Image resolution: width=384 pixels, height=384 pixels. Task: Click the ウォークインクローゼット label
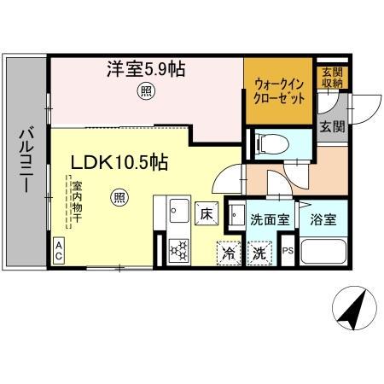pyautogui.click(x=277, y=90)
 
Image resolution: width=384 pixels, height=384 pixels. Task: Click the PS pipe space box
pyautogui.click(x=288, y=252)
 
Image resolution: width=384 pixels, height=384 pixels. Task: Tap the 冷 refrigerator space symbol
pyautogui.click(x=228, y=253)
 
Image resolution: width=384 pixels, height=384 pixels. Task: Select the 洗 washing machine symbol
pyautogui.click(x=258, y=253)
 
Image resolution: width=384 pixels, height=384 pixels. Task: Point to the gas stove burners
pyautogui.click(x=180, y=250)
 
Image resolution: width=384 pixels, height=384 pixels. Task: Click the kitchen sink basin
pyautogui.click(x=180, y=210)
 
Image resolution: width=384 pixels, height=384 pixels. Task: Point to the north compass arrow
pyautogui.click(x=353, y=309)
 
